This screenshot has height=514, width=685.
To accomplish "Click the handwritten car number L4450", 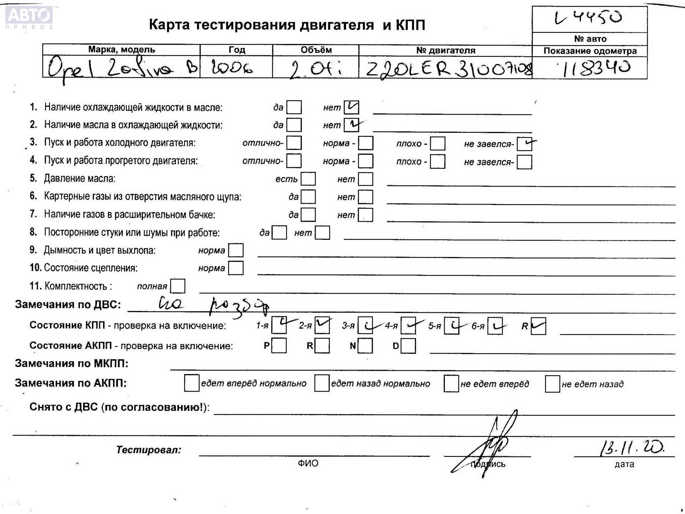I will tap(589, 18).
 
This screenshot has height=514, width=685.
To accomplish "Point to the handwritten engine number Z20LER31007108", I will tap(448, 69).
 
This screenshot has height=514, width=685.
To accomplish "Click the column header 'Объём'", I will tap(316, 50).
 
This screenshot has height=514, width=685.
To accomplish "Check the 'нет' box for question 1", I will tap(351, 107).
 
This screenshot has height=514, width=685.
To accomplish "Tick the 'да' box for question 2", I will tap(294, 125).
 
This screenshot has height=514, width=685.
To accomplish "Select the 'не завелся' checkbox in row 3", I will tap(524, 144).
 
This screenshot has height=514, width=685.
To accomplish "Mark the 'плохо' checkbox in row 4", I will tap(437, 162).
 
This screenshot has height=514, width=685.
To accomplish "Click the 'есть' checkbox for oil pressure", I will tap(308, 179).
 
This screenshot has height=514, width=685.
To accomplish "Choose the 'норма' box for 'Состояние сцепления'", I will tap(235, 268).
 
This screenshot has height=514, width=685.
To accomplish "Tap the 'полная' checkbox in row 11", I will tap(178, 286).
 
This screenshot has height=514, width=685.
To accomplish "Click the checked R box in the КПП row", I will tap(538, 326).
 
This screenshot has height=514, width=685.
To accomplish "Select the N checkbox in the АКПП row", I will tap(365, 346).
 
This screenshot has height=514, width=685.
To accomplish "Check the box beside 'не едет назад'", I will tap(552, 384).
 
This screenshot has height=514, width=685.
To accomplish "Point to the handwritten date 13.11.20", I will tap(631, 448).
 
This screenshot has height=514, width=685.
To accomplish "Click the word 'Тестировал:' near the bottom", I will tap(148, 450).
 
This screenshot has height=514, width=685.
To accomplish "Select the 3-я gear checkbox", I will tap(365, 326).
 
